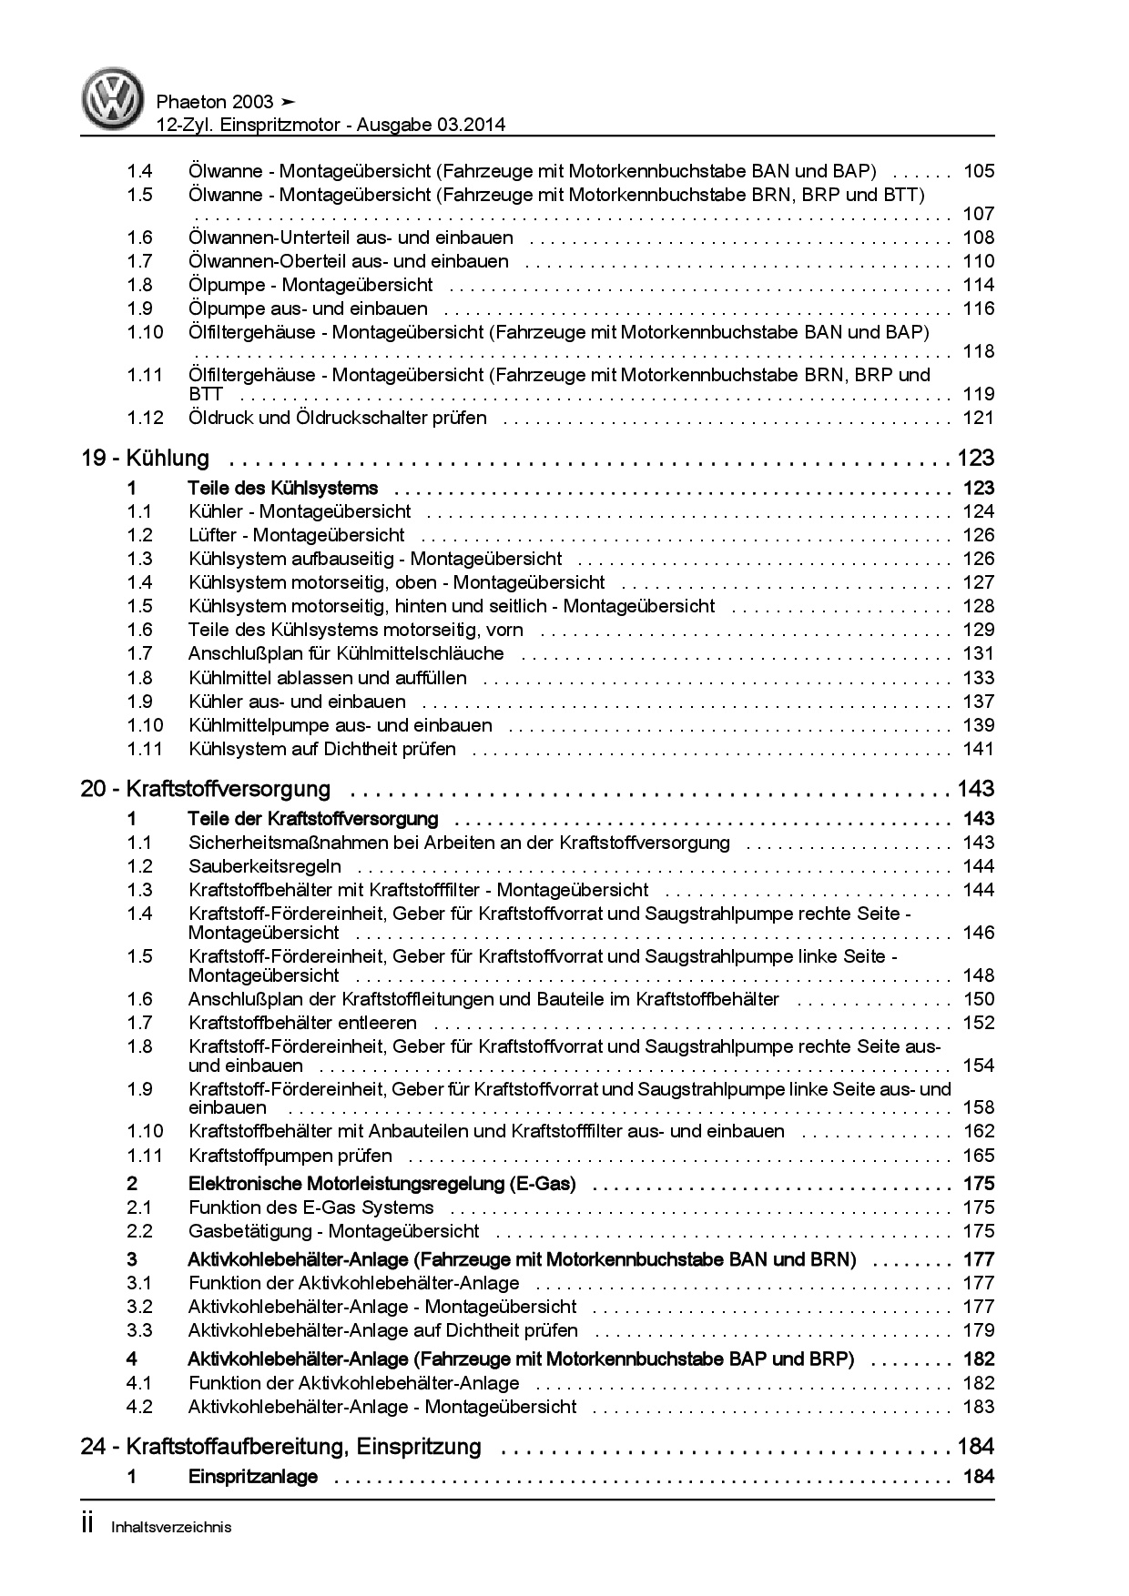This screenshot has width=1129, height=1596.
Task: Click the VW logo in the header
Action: tap(114, 99)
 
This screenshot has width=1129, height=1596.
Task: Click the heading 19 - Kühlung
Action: tap(146, 459)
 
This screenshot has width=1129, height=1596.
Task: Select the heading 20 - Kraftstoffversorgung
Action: tap(206, 789)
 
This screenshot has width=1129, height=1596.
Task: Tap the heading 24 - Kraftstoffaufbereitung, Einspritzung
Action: tap(281, 1447)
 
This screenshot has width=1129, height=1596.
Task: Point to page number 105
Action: tap(979, 171)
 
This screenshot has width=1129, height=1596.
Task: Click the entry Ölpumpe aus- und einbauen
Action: tap(308, 308)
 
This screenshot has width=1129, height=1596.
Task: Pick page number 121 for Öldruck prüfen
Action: tap(979, 418)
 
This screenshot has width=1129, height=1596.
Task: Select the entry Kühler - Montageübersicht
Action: tap(300, 511)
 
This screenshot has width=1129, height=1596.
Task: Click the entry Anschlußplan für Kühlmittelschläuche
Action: tap(346, 653)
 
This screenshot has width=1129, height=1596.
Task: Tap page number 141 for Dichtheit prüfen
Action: tap(979, 749)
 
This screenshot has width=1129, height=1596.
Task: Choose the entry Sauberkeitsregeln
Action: tap(265, 866)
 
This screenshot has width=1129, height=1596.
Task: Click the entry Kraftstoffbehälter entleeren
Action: tap(302, 1023)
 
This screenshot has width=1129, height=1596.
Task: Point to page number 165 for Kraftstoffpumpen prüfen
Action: tap(979, 1156)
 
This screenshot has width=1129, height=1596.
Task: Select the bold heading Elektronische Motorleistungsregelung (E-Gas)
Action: tap(382, 1184)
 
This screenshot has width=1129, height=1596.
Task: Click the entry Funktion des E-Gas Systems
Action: tap(311, 1207)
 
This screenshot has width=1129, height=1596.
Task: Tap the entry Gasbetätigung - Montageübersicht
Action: tap(333, 1231)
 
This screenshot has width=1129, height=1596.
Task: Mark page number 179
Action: tap(979, 1330)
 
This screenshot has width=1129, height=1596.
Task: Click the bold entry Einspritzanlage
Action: tap(253, 1477)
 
